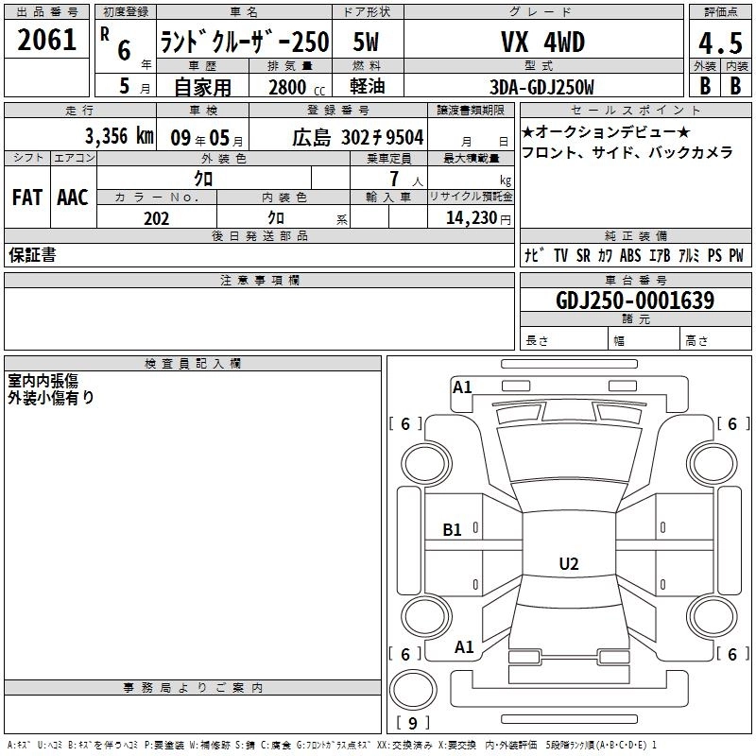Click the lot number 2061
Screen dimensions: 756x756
point(46,40)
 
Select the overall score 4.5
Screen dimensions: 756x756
point(720,43)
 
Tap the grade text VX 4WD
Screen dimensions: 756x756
point(542,42)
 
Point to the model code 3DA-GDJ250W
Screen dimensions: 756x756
point(541,87)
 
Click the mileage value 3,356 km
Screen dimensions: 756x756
point(119,136)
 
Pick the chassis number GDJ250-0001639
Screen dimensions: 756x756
point(635,300)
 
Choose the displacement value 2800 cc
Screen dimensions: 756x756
point(297,87)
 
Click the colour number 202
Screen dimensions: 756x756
point(156,218)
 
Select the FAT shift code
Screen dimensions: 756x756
point(27,198)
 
